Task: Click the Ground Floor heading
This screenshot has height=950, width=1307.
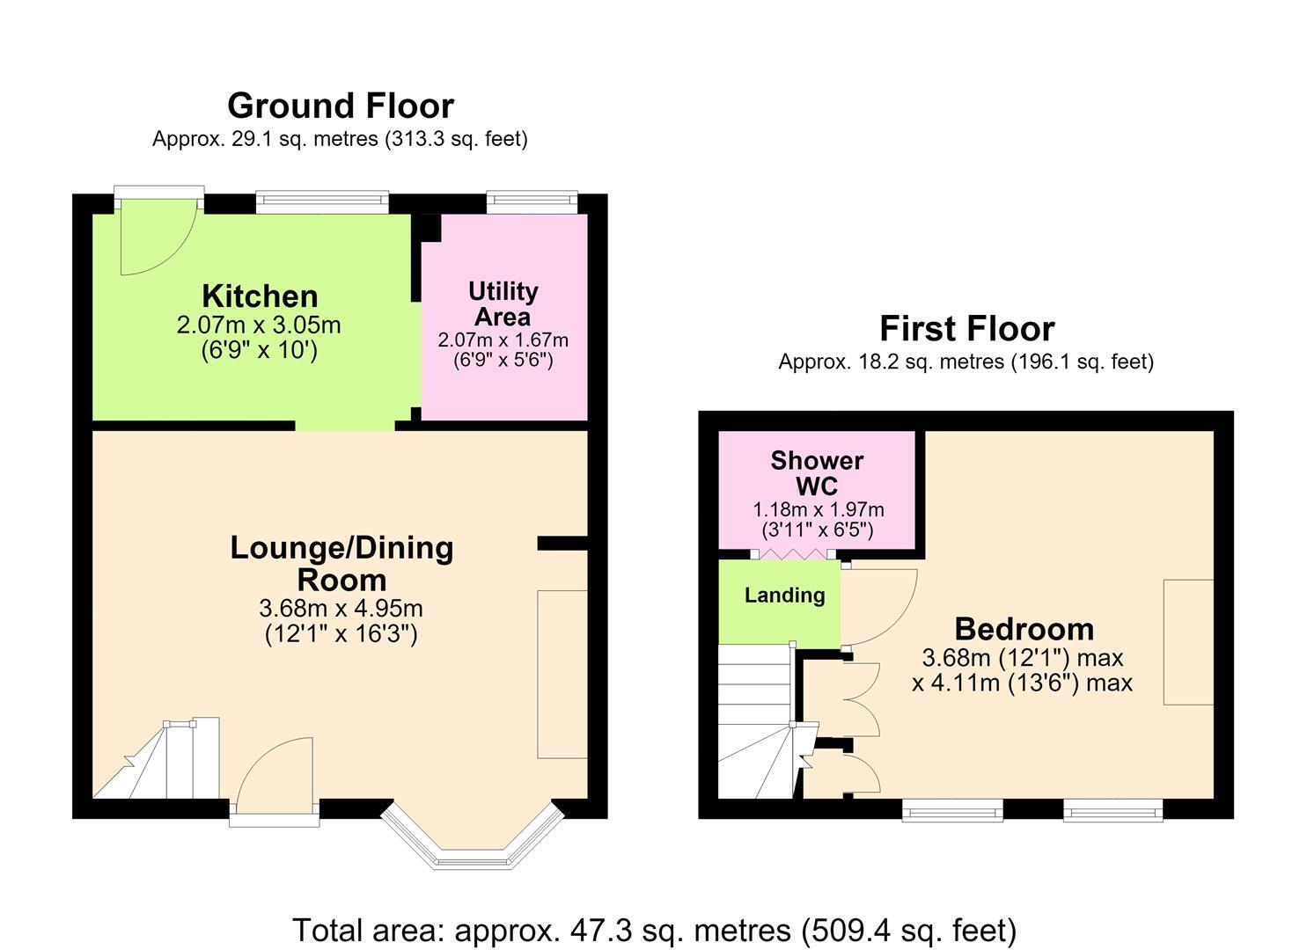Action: [340, 106]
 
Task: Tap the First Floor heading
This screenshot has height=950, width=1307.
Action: [967, 328]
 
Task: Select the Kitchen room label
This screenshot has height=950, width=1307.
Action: [260, 296]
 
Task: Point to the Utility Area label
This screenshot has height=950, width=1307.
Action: [503, 303]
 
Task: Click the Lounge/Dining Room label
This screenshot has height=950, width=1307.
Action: [341, 564]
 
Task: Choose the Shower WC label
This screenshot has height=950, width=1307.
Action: [817, 473]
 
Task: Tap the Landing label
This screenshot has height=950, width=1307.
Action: [785, 596]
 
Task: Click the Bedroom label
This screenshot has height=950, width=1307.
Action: [1024, 629]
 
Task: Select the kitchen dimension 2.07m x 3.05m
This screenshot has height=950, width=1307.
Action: [259, 325]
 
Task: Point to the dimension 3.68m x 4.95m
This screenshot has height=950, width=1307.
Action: [341, 608]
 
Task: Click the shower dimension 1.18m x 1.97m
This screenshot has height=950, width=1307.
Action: [818, 510]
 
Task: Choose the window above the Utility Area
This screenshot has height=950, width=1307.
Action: [532, 202]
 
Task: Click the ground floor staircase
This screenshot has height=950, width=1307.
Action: [156, 758]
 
